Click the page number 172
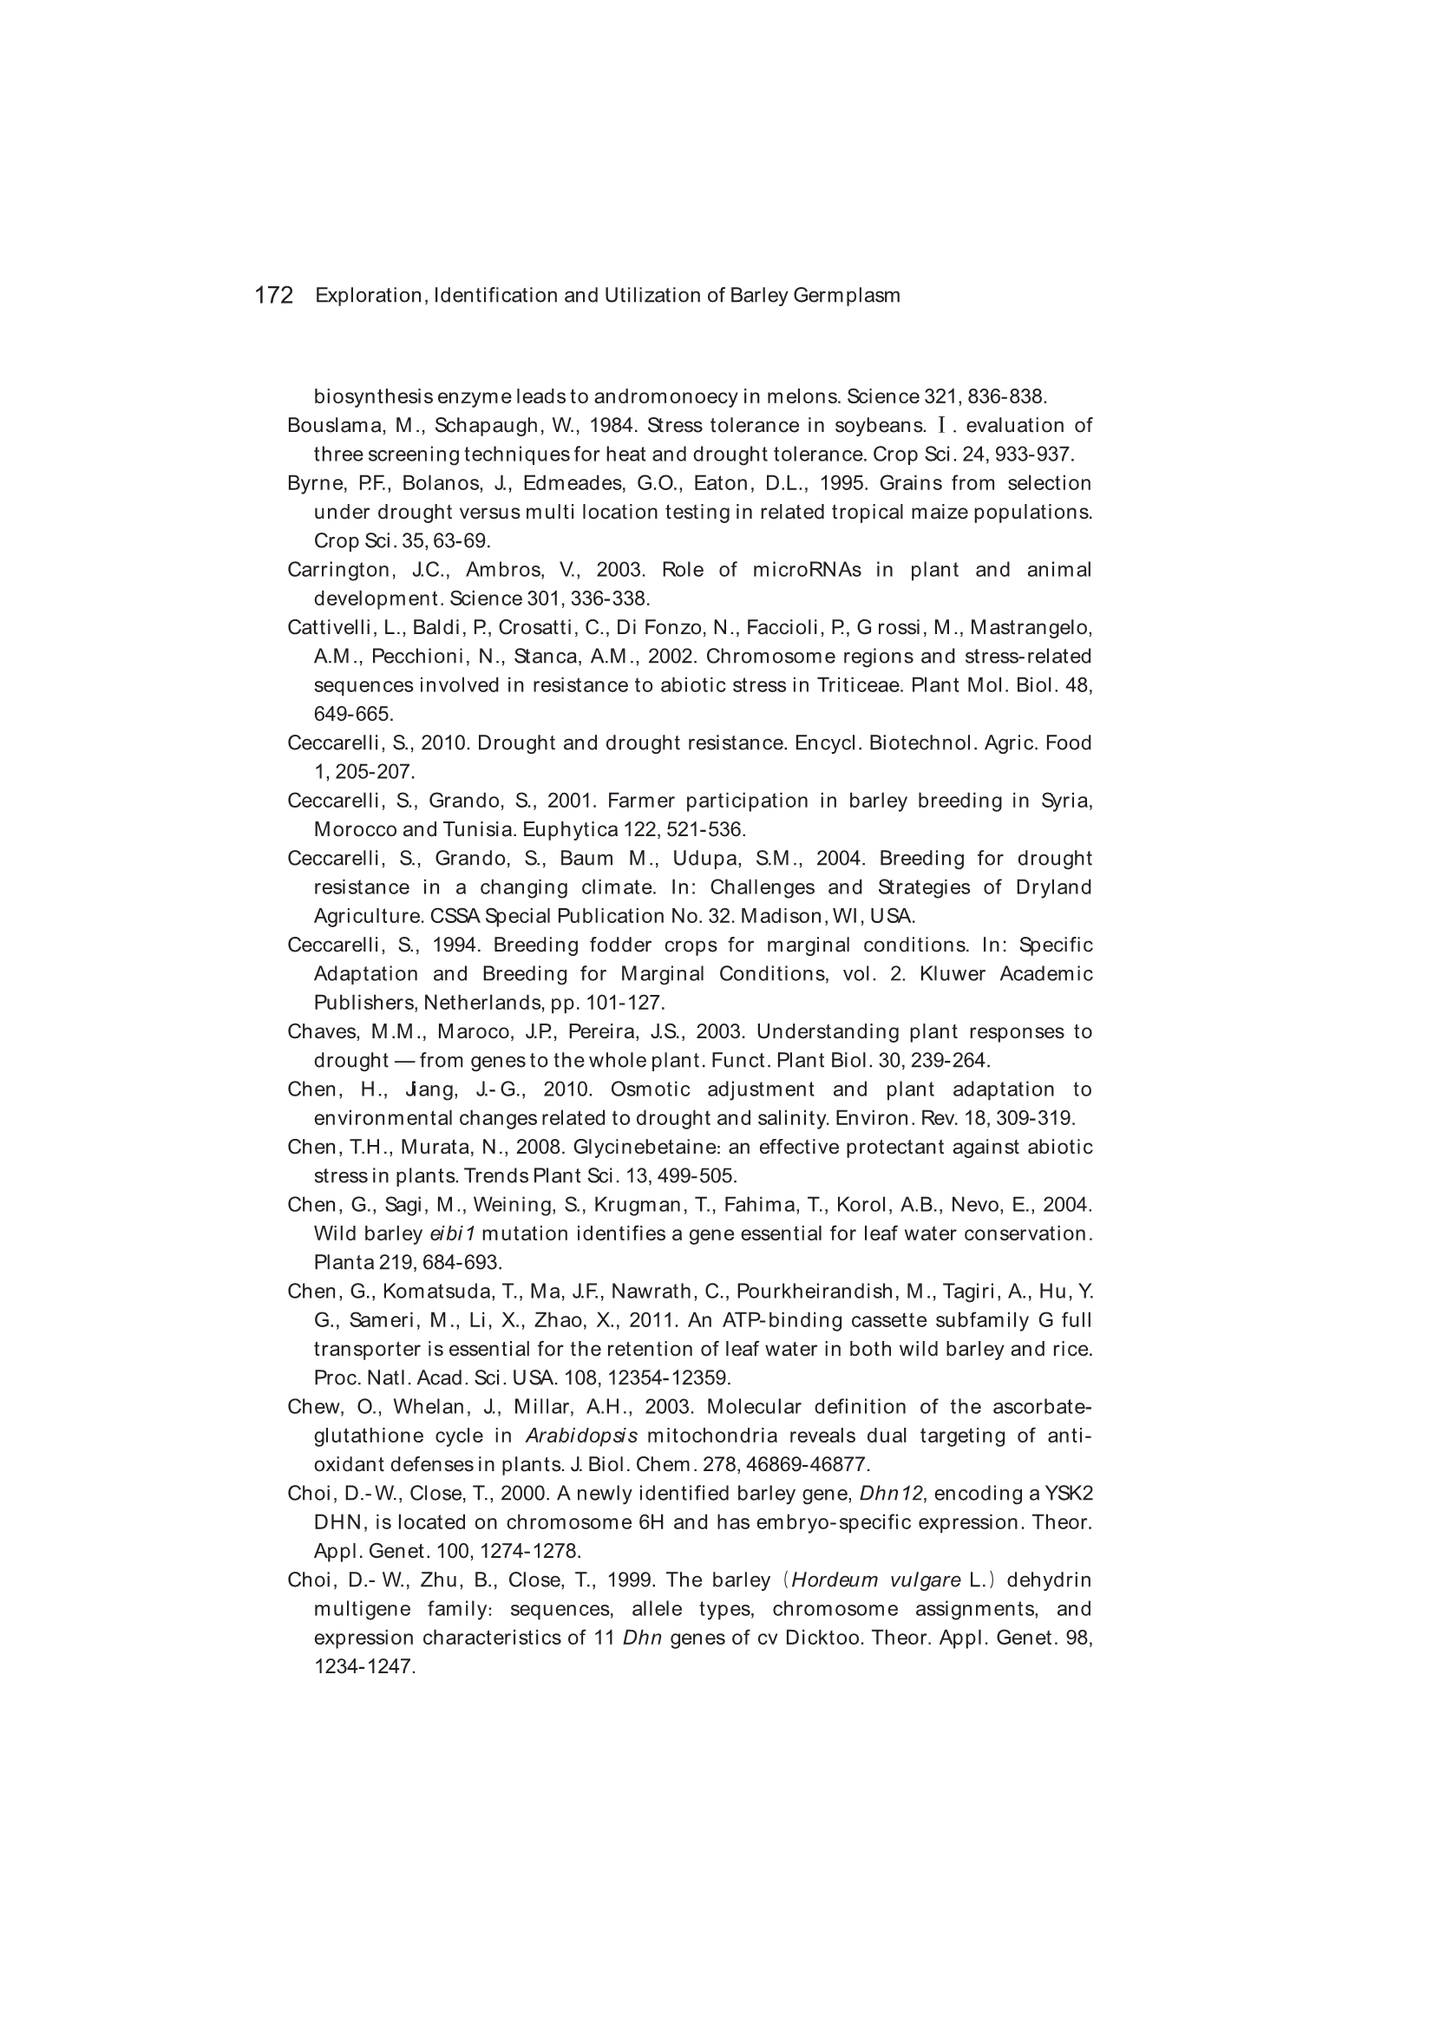tap(273, 296)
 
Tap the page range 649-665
tap(353, 714)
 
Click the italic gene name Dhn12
tap(891, 1494)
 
